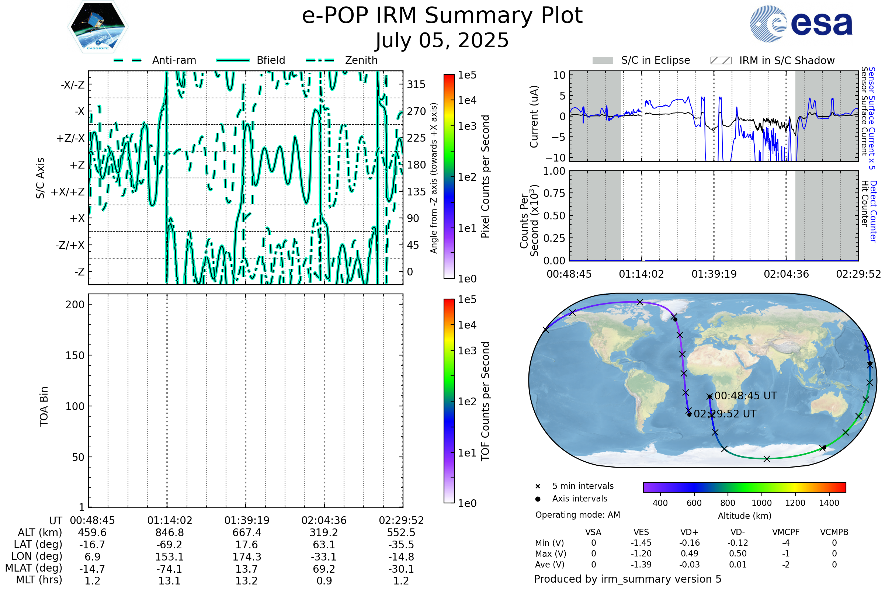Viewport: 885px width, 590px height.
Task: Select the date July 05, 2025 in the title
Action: [x=442, y=40]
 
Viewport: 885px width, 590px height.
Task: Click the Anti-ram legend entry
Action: [x=174, y=60]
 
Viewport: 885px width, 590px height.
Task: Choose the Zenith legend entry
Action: [x=361, y=60]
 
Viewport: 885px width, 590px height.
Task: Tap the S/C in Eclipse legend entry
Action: [x=655, y=60]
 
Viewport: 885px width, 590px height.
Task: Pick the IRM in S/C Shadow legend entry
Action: [x=787, y=60]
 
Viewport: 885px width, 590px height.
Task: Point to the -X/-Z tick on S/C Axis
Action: [x=73, y=85]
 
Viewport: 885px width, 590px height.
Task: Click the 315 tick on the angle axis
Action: [x=416, y=84]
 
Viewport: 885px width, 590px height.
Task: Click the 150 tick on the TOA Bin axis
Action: [x=75, y=355]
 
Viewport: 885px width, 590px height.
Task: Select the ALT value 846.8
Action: [x=169, y=533]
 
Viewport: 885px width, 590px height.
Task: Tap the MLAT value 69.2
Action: [x=324, y=569]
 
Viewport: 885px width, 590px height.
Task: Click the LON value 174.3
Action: [x=246, y=557]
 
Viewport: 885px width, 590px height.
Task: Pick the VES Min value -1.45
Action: [x=641, y=543]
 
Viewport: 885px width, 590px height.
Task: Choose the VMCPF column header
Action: [x=786, y=532]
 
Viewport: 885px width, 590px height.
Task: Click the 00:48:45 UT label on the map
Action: [x=745, y=396]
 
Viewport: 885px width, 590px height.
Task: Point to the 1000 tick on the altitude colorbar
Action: [x=761, y=503]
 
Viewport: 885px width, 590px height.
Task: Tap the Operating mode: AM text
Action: [x=577, y=515]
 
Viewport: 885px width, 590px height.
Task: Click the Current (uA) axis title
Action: [x=534, y=117]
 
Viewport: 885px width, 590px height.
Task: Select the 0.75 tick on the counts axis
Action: [x=554, y=193]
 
